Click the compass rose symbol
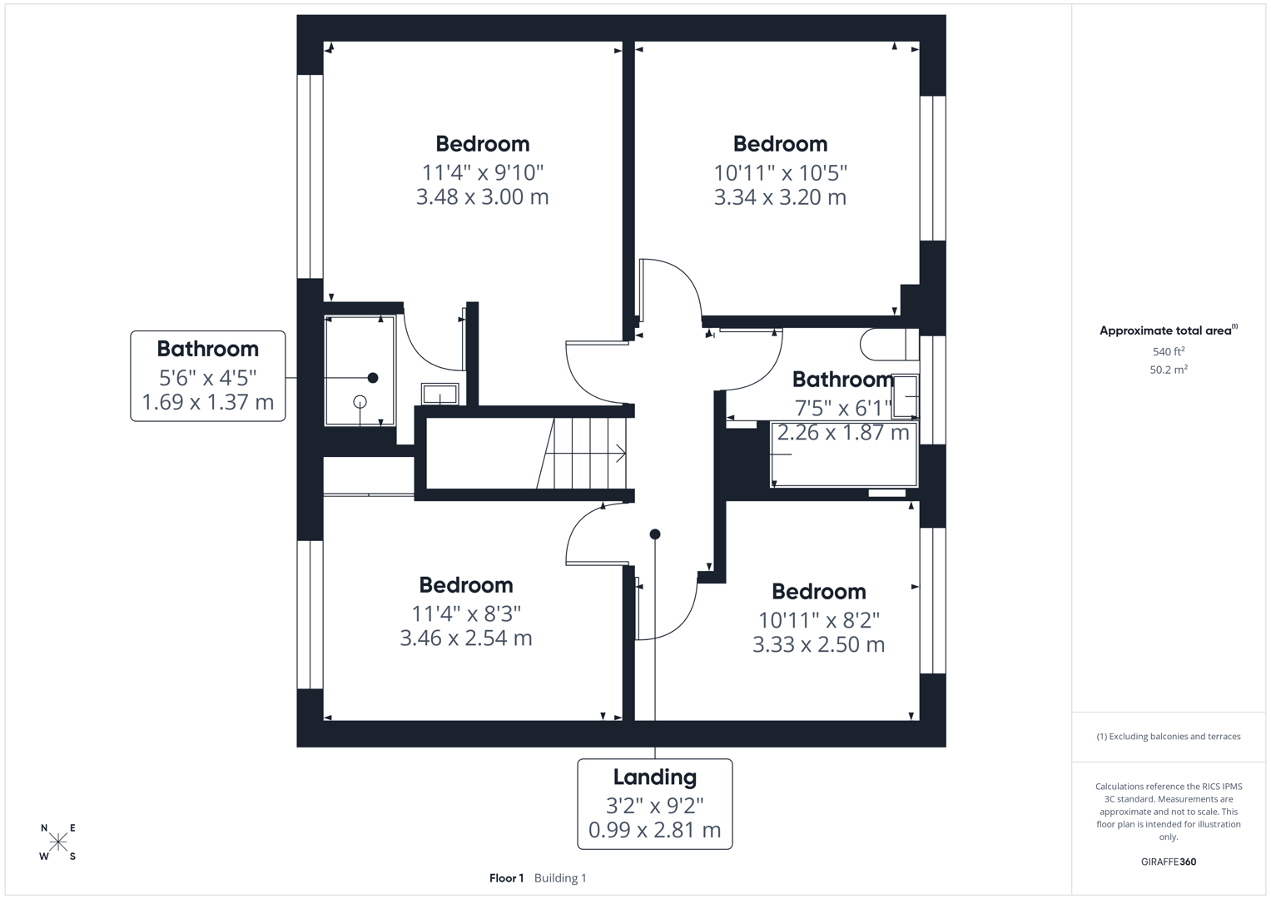pos(58,842)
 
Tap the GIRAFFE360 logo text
pos(1168,862)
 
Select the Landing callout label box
pos(654,803)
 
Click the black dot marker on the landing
pos(655,534)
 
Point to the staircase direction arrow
pos(620,454)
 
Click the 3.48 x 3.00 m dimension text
pos(482,197)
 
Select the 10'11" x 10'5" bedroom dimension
pos(780,173)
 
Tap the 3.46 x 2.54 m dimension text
pos(465,638)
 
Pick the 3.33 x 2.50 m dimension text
pos(818,645)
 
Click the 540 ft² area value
pos(1168,352)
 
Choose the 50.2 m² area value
pos(1168,370)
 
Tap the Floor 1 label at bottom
pos(506,878)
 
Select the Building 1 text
pos(560,878)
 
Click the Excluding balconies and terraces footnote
pos(1168,737)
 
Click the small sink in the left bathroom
pos(439,394)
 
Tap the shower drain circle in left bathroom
pos(360,402)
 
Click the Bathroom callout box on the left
pos(208,376)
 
